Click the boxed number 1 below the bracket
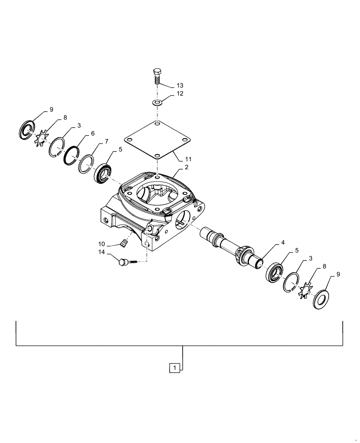coord(176,368)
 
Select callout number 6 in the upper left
coord(93,133)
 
